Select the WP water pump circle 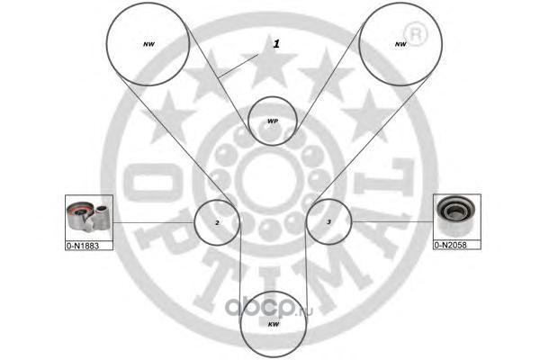point(273,120)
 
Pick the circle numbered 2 point(217,221)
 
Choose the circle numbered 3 point(328,221)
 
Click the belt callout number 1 point(277,43)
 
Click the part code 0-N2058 point(456,244)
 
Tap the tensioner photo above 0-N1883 point(88,217)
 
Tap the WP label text point(273,121)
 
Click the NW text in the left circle point(149,44)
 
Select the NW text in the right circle point(400,44)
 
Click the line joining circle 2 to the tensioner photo point(153,221)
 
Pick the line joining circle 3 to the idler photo point(391,221)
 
